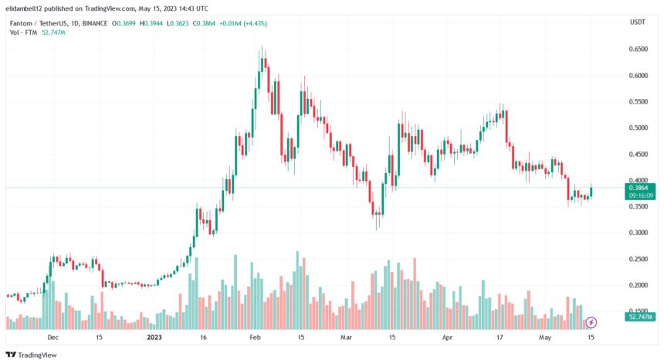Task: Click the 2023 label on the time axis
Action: point(154,338)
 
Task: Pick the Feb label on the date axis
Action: point(256,338)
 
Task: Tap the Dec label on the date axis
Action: point(52,338)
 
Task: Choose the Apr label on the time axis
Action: point(446,338)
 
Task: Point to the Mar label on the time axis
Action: point(344,338)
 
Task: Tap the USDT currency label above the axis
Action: point(638,22)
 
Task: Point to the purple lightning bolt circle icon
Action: point(591,321)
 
